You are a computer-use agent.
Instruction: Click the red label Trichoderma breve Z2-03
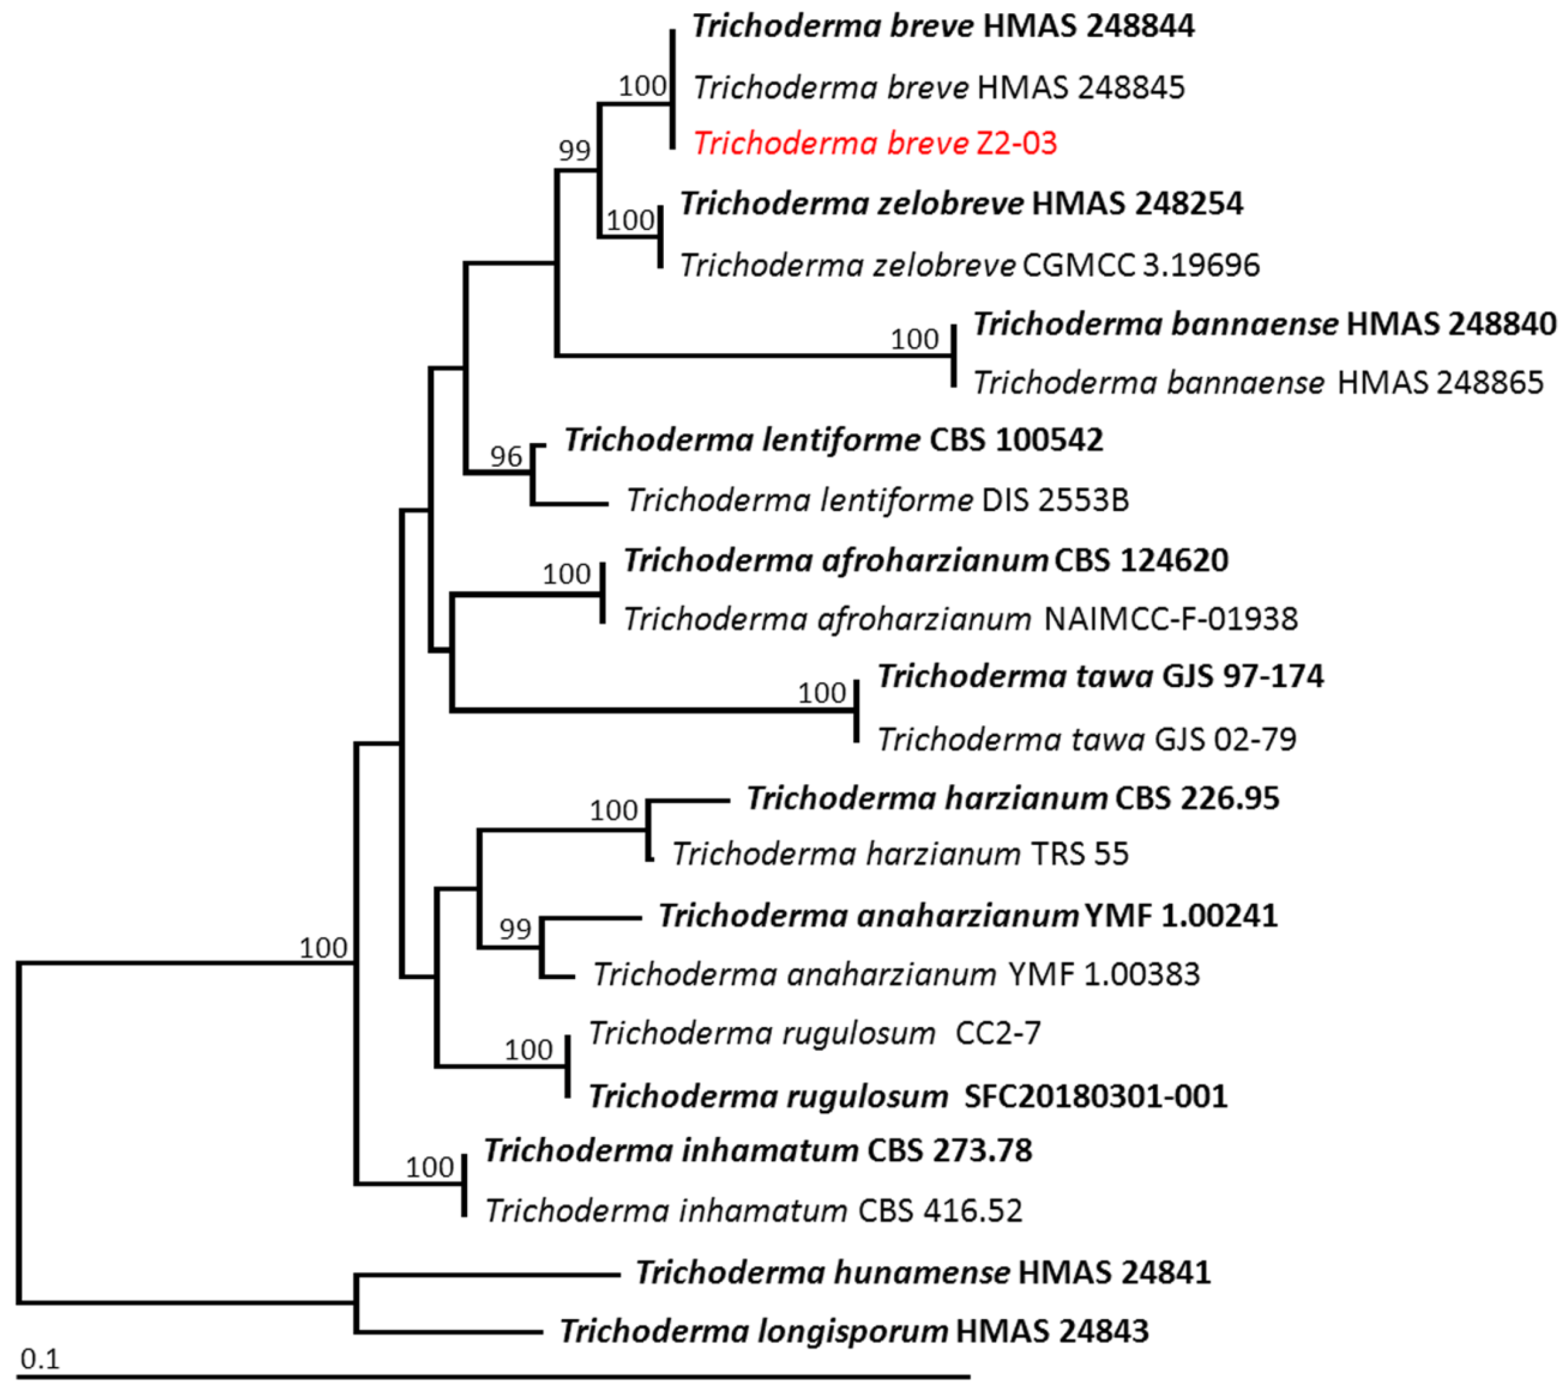875,143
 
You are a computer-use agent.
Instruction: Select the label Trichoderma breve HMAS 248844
943,27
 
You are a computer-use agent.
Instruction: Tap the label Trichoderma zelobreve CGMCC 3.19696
969,265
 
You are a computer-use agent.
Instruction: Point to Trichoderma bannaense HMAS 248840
1264,324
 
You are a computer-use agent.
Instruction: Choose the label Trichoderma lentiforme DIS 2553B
877,500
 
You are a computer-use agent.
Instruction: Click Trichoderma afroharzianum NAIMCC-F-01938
961,619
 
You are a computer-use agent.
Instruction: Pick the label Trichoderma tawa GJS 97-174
1100,676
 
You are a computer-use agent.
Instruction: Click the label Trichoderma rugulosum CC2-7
815,1033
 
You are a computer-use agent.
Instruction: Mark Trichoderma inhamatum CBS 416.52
753,1211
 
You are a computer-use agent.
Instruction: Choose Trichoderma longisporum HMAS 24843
854,1331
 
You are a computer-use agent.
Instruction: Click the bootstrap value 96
506,457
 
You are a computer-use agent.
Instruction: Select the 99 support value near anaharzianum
515,929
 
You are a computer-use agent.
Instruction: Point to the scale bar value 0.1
40,1359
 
